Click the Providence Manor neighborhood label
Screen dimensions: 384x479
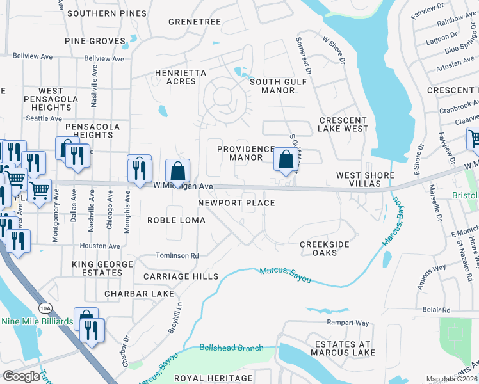[x=246, y=153]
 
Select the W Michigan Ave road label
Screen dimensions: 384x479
[x=183, y=186]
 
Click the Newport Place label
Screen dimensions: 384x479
[x=236, y=203]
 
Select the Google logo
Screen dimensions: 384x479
[x=22, y=376]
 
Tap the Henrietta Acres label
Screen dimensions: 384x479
[x=181, y=77]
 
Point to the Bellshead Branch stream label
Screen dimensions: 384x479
[x=231, y=348]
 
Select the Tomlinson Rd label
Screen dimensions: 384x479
[x=177, y=255]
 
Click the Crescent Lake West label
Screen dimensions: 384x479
[x=343, y=124]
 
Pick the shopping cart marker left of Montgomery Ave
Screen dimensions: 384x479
[x=39, y=190]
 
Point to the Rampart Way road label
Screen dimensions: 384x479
[x=348, y=323]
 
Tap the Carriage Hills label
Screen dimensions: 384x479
[x=177, y=276]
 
